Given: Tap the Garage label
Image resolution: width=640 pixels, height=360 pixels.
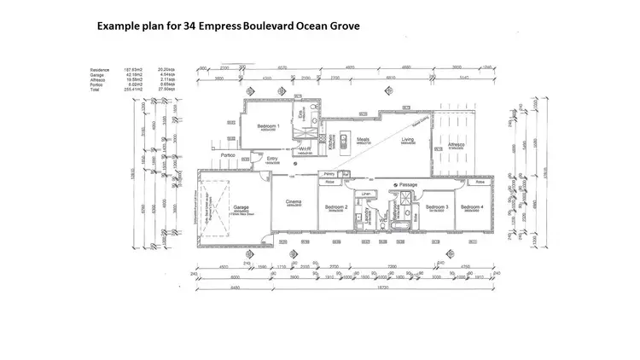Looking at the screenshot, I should coord(241,206).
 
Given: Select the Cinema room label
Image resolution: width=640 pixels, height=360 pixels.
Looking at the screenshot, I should coord(294,201).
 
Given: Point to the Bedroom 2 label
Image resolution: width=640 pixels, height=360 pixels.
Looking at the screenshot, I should coord(336,207).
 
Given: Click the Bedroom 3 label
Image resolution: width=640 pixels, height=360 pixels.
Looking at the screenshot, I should coord(437,207).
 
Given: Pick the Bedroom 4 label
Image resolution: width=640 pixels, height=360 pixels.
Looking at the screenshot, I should coord(471,207).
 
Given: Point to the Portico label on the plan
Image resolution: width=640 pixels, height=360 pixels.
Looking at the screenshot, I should coord(227,155).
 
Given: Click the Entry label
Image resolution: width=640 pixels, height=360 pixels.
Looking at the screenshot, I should coord(272,158).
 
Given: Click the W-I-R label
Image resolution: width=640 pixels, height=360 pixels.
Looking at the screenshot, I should coord(305,148).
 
